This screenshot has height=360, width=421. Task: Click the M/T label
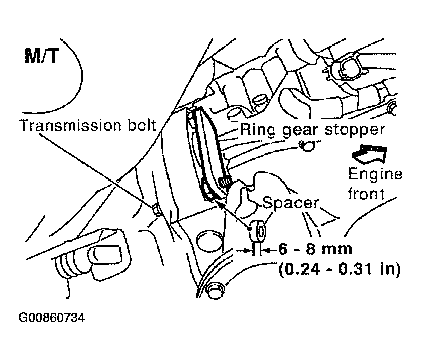tap(41, 56)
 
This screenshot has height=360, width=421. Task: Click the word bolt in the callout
tap(142, 125)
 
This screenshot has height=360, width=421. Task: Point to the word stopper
tap(355, 130)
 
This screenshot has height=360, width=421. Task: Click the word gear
tap(300, 131)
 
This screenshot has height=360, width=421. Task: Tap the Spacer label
tap(290, 203)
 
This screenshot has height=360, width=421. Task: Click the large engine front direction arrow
tap(369, 154)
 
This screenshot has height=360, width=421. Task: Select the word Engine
tap(375, 174)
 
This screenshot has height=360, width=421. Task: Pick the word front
tap(366, 194)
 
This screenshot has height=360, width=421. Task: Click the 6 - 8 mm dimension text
tap(315, 249)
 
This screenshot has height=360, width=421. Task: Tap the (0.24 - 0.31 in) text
tap(340, 269)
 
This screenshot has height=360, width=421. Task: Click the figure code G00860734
tap(52, 318)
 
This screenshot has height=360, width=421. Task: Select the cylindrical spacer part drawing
tap(258, 231)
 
